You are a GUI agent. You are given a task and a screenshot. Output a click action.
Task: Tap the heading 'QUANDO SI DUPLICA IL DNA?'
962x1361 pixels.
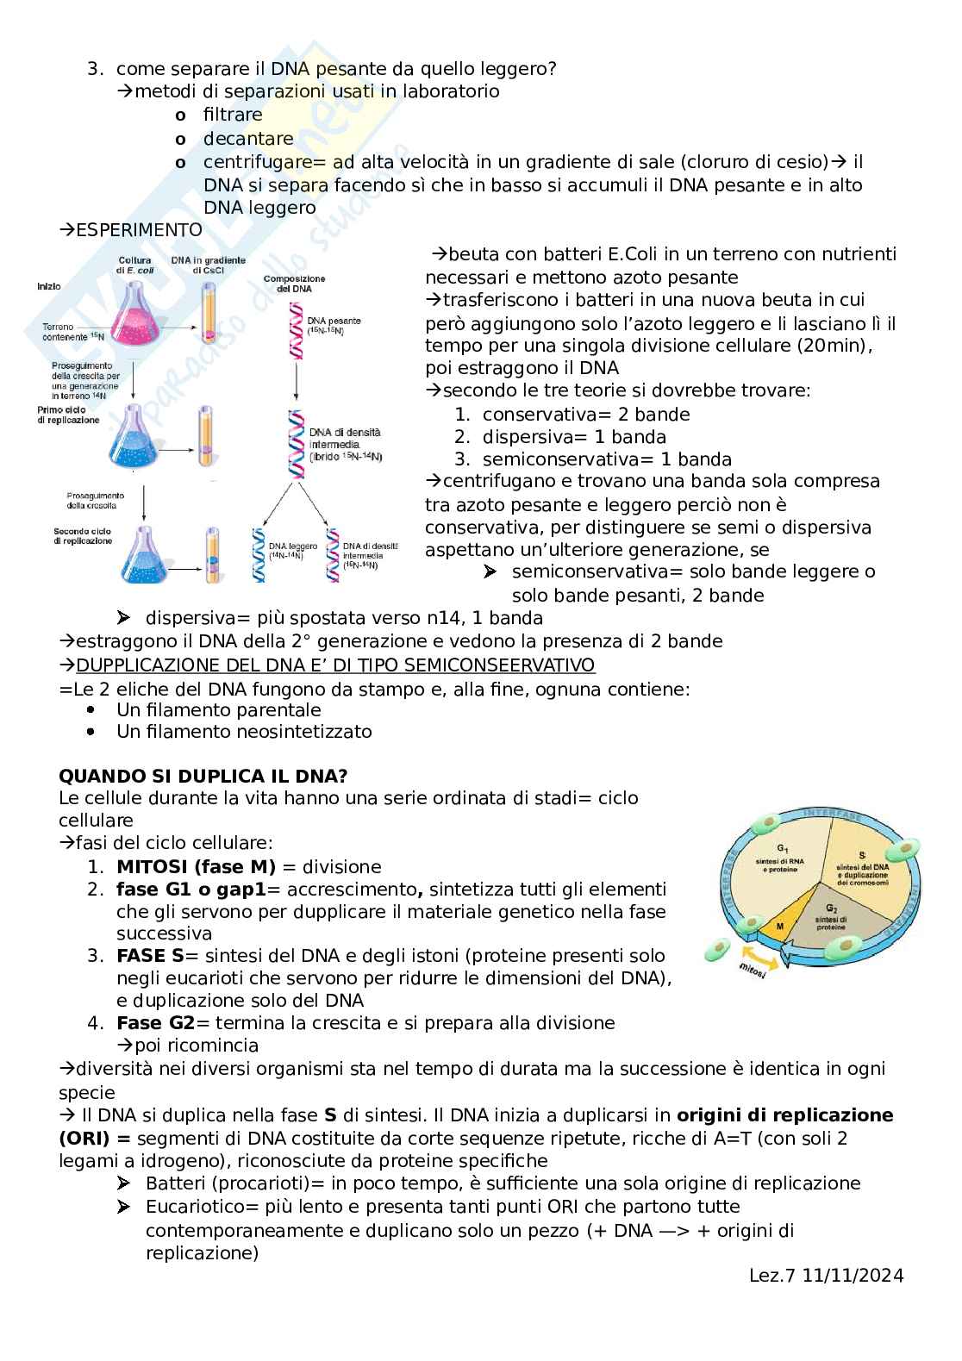click(203, 776)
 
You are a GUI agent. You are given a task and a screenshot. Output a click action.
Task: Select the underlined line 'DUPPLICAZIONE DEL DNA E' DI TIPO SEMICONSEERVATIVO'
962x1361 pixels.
click(335, 665)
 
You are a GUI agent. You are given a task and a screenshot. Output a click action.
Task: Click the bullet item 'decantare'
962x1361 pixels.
click(248, 139)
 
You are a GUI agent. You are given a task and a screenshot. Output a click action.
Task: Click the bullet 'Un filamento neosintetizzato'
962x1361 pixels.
click(244, 732)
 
